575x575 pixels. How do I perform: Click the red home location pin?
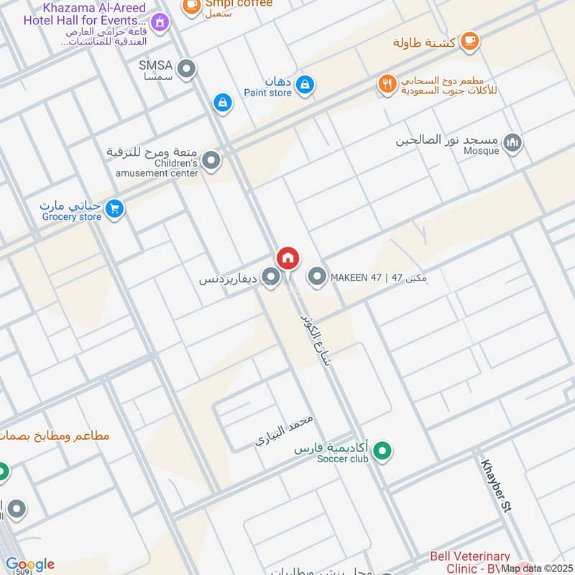tap(288, 258)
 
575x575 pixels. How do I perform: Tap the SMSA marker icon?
tap(187, 70)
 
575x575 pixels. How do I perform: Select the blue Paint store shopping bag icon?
tap(305, 85)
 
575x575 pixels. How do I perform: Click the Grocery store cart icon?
tap(114, 209)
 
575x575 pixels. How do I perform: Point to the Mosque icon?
tap(512, 144)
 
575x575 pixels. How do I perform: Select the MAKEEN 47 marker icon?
tap(317, 277)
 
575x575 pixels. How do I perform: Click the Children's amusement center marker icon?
tap(211, 161)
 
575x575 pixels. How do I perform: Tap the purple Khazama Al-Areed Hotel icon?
tap(160, 22)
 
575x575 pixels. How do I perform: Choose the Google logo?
tap(29, 564)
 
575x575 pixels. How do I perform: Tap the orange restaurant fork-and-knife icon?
tap(387, 85)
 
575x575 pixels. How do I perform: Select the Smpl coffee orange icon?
tap(191, 6)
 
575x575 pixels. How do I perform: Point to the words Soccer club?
tap(343, 459)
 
